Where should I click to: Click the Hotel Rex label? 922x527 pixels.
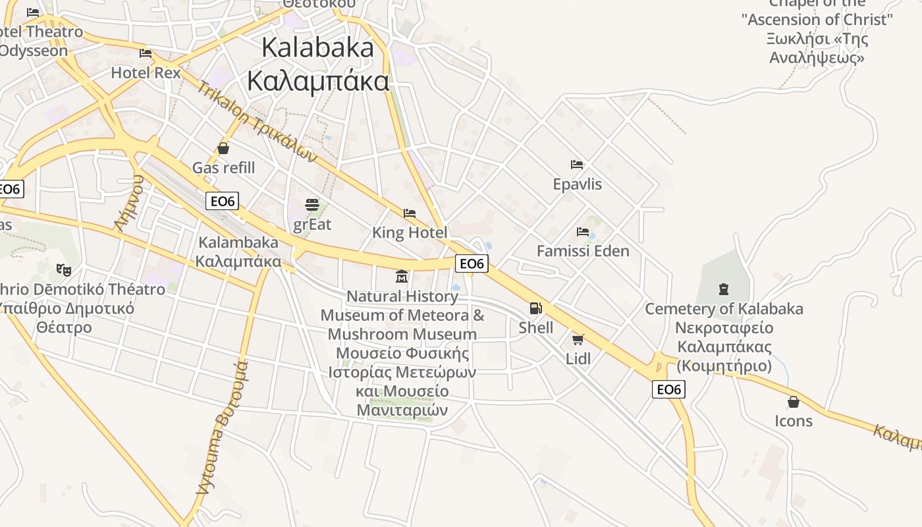click(x=146, y=72)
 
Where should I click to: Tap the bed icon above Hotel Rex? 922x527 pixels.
click(x=146, y=53)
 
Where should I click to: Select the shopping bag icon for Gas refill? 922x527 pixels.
click(x=223, y=148)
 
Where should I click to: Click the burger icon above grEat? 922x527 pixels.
click(x=312, y=205)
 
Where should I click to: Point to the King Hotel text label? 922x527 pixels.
click(x=410, y=233)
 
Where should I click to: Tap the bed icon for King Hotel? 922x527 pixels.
click(x=410, y=213)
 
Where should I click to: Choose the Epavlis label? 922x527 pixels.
click(x=578, y=184)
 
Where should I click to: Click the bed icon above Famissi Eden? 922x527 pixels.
click(x=583, y=232)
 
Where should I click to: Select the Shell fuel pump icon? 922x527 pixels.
click(x=536, y=308)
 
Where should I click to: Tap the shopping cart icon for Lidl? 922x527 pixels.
click(x=578, y=339)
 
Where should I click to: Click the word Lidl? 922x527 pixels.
click(x=578, y=359)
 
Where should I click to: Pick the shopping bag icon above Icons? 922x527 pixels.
click(x=794, y=402)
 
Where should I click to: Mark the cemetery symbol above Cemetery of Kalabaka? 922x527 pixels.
click(x=724, y=289)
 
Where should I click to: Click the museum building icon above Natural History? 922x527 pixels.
click(x=402, y=276)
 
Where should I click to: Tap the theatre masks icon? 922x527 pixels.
click(x=64, y=269)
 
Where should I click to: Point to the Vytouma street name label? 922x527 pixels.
click(x=223, y=428)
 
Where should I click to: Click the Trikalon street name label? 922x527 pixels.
click(x=257, y=121)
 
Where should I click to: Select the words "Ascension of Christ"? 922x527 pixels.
click(x=817, y=20)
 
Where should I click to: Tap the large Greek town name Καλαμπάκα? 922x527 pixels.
click(x=318, y=81)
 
